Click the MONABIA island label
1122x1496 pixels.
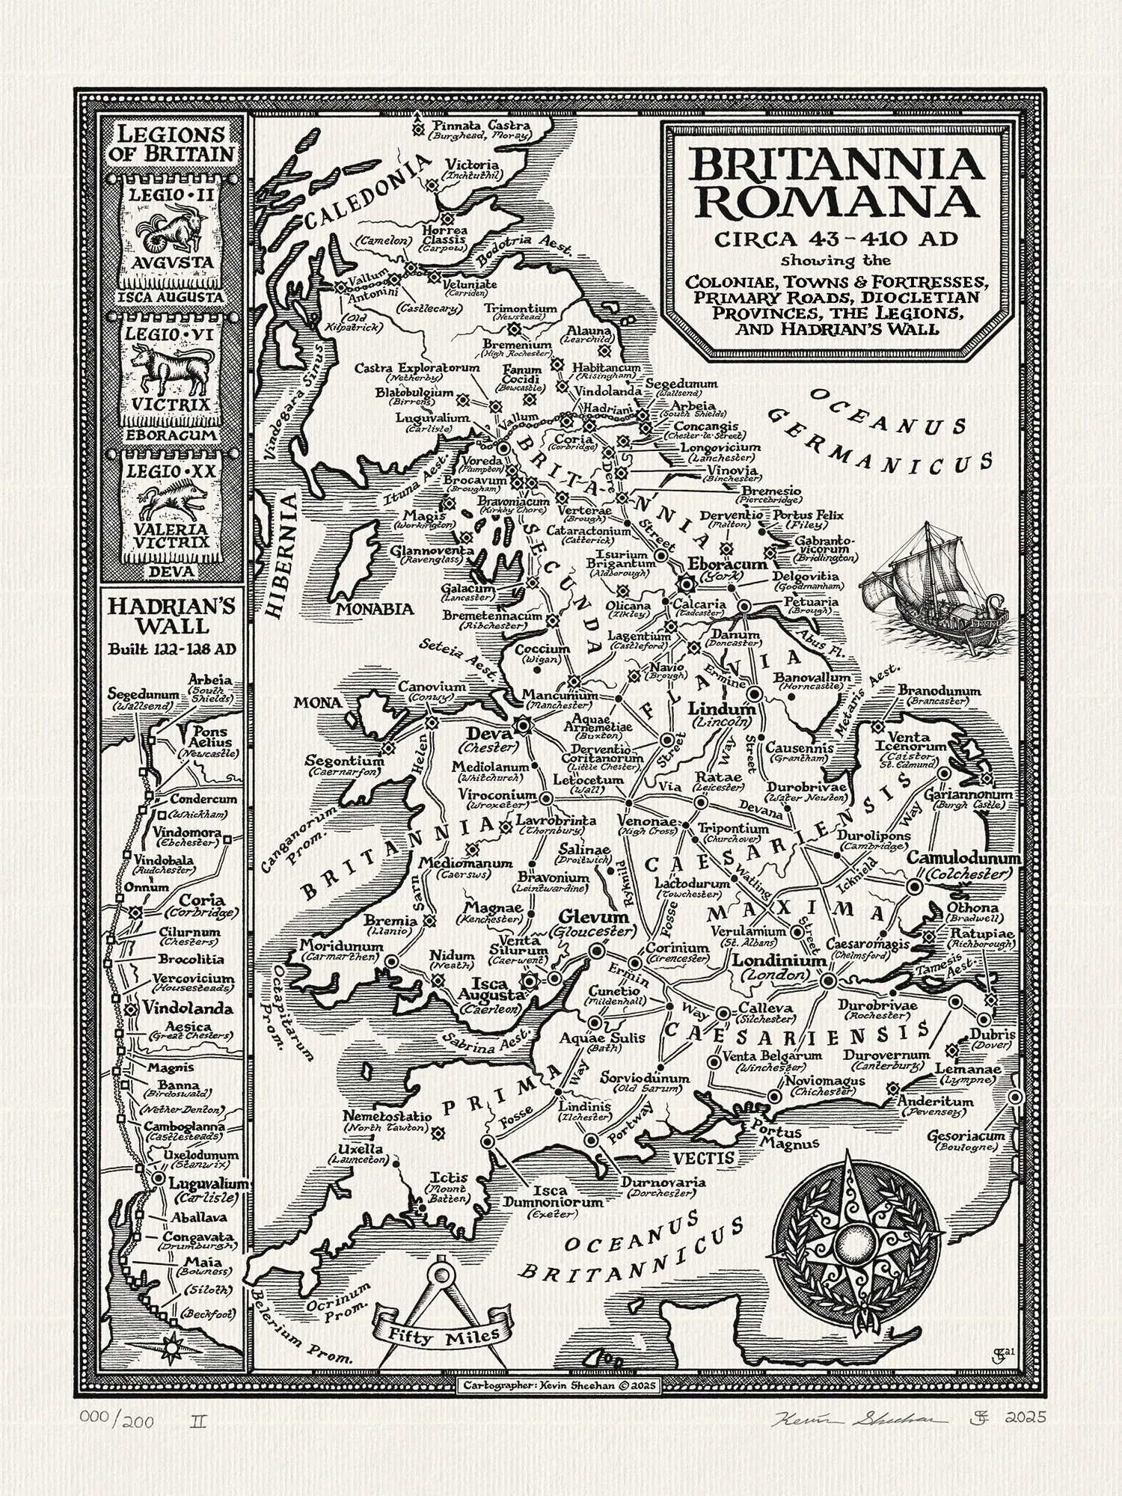pos(374,608)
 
